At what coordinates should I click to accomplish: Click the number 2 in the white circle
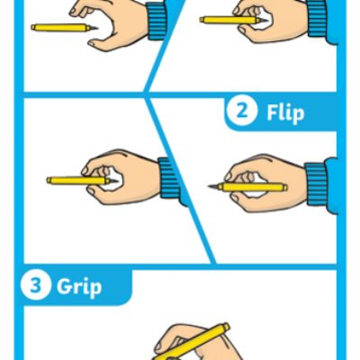pyautogui.click(x=241, y=111)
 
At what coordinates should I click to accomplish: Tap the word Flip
pyautogui.click(x=285, y=113)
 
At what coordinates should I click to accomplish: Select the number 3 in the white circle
pyautogui.click(x=35, y=284)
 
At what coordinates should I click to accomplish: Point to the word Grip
pyautogui.click(x=79, y=287)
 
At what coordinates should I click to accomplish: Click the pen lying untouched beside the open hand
pyautogui.click(x=65, y=27)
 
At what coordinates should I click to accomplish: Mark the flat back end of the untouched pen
pyautogui.click(x=31, y=27)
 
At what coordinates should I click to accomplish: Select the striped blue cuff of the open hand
pyautogui.click(x=156, y=21)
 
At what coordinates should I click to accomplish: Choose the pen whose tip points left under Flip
pyautogui.click(x=247, y=187)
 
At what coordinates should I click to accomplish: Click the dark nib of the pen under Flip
pyautogui.click(x=213, y=186)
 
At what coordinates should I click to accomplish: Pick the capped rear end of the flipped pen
pyautogui.click(x=285, y=187)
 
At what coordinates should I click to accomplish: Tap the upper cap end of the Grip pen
pyautogui.click(x=226, y=327)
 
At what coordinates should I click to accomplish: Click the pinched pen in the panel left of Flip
pyautogui.click(x=83, y=181)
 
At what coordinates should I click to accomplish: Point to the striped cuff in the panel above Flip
pyautogui.click(x=317, y=19)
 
